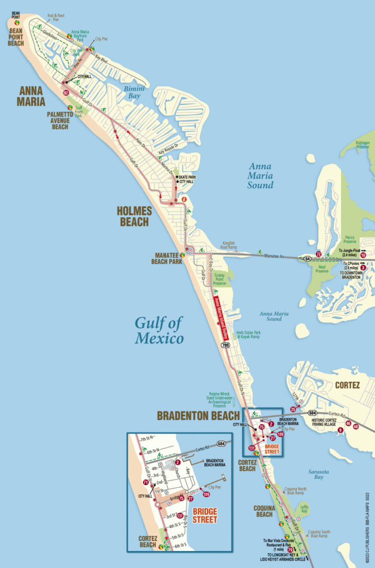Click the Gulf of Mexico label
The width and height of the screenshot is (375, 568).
point(159,331)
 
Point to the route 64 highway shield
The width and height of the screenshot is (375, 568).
point(308,258)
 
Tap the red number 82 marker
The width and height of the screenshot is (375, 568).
point(66,93)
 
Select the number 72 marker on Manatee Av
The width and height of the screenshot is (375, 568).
point(319,254)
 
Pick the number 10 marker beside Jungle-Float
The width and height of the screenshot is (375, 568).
point(363,255)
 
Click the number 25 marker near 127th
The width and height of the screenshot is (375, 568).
point(293,409)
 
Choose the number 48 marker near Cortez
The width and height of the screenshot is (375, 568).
point(355,426)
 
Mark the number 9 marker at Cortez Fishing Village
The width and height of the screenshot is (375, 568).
point(340,430)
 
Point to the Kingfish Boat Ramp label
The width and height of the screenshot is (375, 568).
point(228,245)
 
